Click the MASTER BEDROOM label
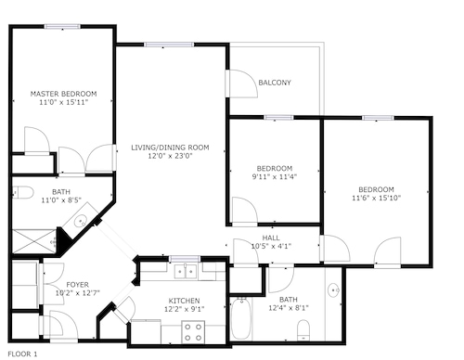point(63,94)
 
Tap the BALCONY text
point(275,83)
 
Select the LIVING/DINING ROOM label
point(170,148)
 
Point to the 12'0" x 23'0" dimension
point(170,156)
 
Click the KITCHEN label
point(184,301)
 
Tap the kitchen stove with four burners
point(193,332)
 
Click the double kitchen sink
point(186,272)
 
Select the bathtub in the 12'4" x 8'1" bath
point(241,318)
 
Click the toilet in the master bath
point(23,192)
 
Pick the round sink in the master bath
point(81,221)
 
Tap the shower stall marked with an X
point(33,241)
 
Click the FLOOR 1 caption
point(22,354)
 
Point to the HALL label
point(271,238)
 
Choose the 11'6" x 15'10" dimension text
point(376,198)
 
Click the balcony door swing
point(243,84)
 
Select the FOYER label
point(78,285)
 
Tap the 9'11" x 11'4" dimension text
point(275,177)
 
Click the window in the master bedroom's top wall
point(63,27)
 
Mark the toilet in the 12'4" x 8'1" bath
point(303,330)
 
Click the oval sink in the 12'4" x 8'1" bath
point(333,290)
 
